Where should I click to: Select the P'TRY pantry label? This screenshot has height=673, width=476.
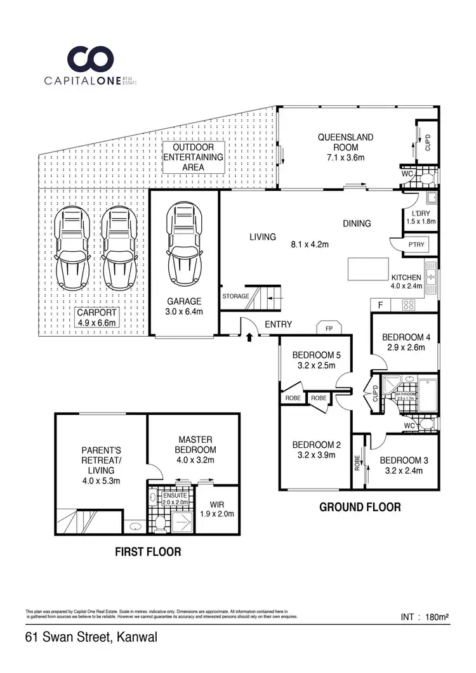[416, 245]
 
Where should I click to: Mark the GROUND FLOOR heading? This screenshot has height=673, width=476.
[359, 507]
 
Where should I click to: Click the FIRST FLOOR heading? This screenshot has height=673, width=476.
[147, 552]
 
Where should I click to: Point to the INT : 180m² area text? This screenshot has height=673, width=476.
[425, 617]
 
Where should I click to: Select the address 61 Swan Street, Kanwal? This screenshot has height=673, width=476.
[91, 636]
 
